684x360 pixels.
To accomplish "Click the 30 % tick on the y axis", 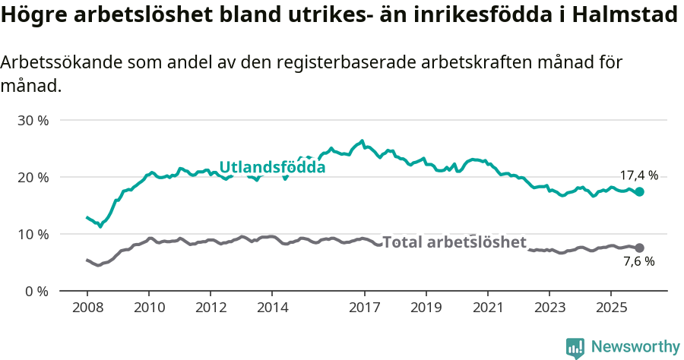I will tap(33, 121).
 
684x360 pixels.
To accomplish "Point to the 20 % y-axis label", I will tap(33, 178).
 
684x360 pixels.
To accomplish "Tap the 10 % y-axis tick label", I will tap(33, 235).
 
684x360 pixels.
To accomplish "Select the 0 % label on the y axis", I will tap(36, 292).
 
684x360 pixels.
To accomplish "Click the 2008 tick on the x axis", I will tap(87, 308).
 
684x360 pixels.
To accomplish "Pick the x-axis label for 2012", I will tap(211, 308).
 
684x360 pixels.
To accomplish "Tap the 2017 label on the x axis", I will tap(364, 308).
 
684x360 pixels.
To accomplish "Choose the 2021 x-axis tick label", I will tap(487, 308).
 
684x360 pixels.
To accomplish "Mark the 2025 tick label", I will tap(610, 308).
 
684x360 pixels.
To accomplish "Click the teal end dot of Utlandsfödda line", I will tap(640, 192).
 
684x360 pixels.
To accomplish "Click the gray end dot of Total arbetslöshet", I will tap(640, 248).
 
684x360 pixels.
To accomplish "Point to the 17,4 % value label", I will tap(639, 175).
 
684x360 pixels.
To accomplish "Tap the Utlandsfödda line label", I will tap(272, 167).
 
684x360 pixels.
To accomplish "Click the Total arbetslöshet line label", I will tap(454, 242).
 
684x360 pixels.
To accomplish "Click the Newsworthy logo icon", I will tap(575, 347).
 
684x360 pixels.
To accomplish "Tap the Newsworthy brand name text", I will tap(635, 347).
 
